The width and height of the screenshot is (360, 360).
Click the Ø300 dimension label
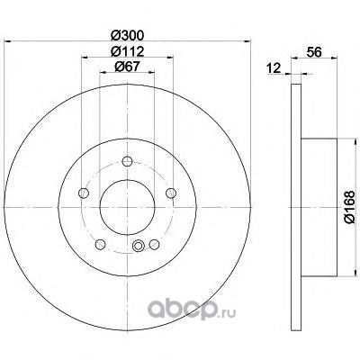point(127,36)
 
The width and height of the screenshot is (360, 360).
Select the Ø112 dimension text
point(127,51)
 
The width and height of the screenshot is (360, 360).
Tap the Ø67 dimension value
point(127,67)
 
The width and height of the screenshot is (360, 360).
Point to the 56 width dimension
point(314,52)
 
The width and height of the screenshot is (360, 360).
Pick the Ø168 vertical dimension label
point(350,207)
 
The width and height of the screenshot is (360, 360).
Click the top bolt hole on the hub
point(127,161)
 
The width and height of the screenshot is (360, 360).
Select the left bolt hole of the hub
point(84,193)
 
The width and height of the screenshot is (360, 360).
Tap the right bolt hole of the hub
point(171,193)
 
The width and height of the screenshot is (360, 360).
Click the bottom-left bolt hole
point(100,245)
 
